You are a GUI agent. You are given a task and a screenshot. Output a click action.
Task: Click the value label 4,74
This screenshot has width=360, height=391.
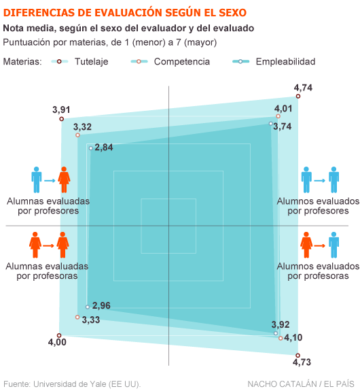[303, 88]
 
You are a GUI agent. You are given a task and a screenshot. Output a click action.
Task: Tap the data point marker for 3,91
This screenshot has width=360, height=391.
[62, 119]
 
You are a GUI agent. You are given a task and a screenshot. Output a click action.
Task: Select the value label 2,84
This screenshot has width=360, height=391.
[104, 148]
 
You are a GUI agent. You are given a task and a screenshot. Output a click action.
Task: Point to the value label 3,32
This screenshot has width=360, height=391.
[82, 126]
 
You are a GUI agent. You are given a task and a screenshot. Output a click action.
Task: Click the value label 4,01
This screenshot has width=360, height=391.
[283, 108]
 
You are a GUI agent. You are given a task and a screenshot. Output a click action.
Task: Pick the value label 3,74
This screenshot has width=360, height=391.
[283, 126]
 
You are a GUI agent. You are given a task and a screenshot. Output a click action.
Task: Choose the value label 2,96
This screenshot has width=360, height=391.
[101, 305]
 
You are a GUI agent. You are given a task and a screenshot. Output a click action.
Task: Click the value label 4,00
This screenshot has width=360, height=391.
[57, 342]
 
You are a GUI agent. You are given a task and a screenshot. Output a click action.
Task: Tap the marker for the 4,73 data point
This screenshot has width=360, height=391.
[298, 355]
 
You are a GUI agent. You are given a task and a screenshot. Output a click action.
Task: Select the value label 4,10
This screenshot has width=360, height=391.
[293, 337]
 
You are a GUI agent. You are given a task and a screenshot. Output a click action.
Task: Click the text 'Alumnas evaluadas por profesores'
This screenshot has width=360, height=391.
[48, 206]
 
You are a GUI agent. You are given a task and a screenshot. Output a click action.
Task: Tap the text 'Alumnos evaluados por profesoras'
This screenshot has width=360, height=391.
[313, 271]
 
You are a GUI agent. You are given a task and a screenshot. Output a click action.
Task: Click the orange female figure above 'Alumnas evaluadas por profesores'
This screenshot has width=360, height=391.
[64, 180]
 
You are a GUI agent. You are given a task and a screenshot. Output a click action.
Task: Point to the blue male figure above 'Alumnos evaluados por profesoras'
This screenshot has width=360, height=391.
[334, 244]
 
